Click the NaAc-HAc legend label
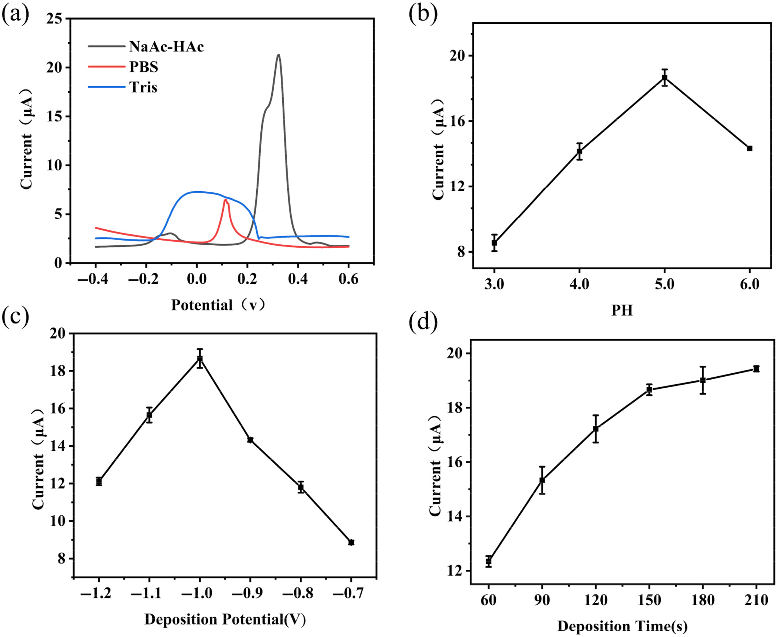[x=166, y=46]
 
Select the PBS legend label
[x=144, y=67]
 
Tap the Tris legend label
[x=143, y=87]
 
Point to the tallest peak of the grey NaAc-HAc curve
[x=279, y=56]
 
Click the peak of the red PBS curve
[x=225, y=200]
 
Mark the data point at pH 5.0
[x=664, y=78]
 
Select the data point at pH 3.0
[x=494, y=242]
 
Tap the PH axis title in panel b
[x=622, y=310]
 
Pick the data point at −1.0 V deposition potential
[x=200, y=358]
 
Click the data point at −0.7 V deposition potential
[x=351, y=542]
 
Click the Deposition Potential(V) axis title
[x=225, y=619]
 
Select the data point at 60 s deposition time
[x=488, y=561]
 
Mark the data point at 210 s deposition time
[x=756, y=369]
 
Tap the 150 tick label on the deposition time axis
[x=649, y=600]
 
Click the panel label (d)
[x=423, y=322]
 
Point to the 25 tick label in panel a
[x=54, y=19]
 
